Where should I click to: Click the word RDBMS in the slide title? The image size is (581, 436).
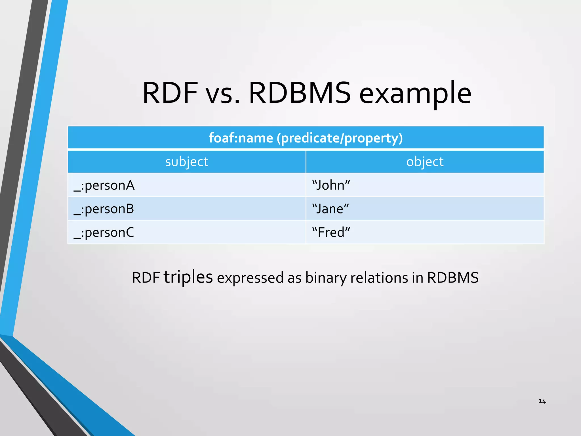click(300, 93)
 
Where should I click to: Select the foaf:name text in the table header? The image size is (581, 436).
click(241, 138)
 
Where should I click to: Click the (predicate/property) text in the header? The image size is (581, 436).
click(340, 139)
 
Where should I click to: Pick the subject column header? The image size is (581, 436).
click(187, 162)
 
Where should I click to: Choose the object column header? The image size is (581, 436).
click(425, 162)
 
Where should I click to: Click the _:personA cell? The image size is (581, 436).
click(104, 186)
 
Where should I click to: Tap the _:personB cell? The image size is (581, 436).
click(104, 209)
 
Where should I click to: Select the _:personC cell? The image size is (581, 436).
click(104, 233)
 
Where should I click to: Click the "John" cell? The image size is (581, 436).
click(331, 185)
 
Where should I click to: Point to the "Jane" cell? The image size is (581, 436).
click(331, 209)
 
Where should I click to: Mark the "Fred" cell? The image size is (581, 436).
click(331, 232)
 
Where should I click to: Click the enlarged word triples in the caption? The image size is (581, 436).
click(188, 277)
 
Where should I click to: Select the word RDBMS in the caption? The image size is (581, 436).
click(453, 278)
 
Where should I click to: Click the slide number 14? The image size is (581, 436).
click(542, 401)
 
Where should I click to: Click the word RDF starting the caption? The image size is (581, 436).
click(146, 278)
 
